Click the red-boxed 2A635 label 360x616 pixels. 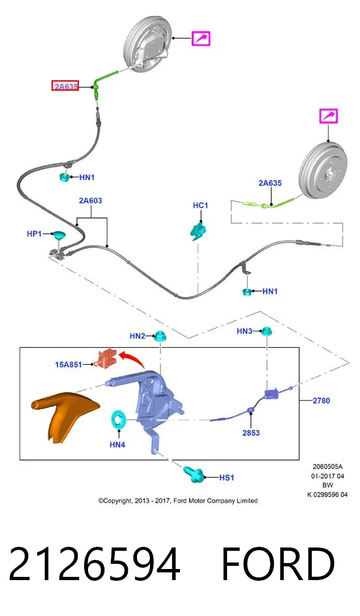(x=65, y=85)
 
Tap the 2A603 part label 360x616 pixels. (x=90, y=201)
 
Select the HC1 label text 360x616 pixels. (x=200, y=206)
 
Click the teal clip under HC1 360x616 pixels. (x=198, y=231)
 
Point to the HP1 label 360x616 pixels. (x=34, y=234)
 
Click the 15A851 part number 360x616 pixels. (x=68, y=365)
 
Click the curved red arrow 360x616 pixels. (x=132, y=360)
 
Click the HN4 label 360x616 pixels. (x=117, y=445)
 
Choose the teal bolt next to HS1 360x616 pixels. (x=194, y=474)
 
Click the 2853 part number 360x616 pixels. (x=251, y=433)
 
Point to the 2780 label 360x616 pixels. (x=321, y=401)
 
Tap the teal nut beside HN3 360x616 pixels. (x=267, y=331)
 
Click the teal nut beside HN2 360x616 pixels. (x=160, y=336)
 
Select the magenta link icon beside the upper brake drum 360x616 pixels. (x=201, y=38)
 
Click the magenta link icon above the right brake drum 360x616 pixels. (x=328, y=116)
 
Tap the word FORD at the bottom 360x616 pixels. (x=278, y=564)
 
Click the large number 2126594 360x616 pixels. (x=94, y=564)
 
